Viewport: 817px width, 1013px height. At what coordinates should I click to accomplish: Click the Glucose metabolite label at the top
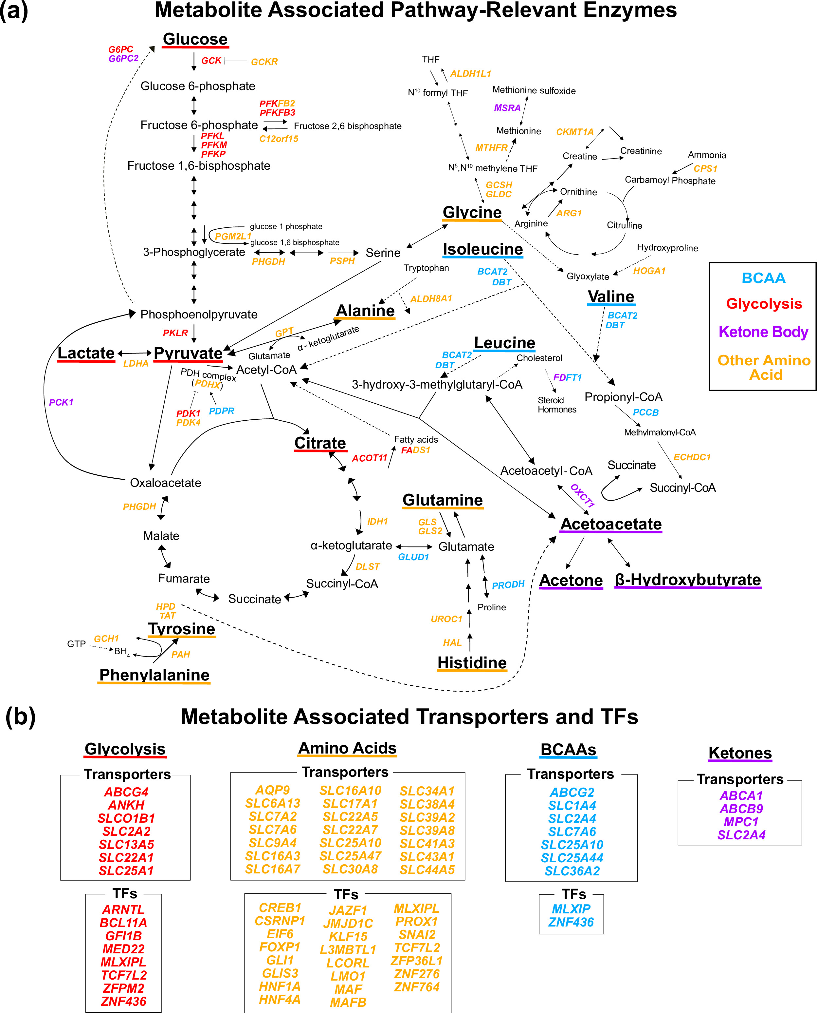195,39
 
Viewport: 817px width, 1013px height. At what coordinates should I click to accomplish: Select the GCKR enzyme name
264,62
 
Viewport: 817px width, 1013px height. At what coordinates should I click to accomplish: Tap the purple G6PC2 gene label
123,58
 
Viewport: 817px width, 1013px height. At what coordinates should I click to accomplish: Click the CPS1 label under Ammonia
705,169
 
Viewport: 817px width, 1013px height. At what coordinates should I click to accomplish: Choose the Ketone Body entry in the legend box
763,332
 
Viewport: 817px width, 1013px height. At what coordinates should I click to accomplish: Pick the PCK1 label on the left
61,402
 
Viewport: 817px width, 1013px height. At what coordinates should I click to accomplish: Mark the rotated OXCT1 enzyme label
583,495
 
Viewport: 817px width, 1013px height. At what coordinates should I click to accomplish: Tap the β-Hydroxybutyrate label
688,580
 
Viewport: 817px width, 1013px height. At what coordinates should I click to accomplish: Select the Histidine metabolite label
472,663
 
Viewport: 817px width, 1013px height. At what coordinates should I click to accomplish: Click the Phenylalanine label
154,675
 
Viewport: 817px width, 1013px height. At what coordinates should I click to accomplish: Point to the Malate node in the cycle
161,536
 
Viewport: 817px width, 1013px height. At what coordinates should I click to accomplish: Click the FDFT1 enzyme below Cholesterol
567,377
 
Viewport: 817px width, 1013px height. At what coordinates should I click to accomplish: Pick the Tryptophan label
426,268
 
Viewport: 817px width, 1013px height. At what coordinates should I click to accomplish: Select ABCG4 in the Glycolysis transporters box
126,792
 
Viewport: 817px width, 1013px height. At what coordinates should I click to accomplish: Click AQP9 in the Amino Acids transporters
272,790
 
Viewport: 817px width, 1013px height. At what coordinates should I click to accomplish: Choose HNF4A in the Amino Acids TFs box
280,999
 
